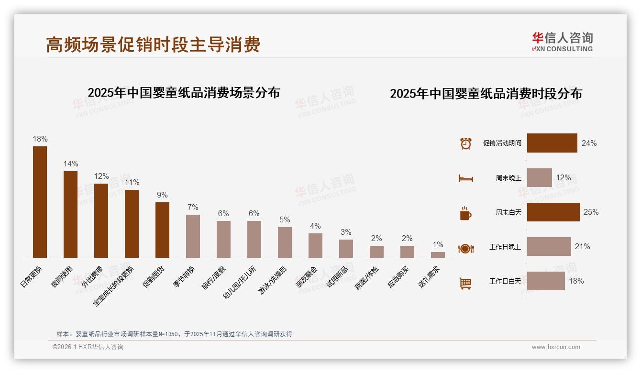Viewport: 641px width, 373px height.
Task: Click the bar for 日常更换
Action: (x=40, y=202)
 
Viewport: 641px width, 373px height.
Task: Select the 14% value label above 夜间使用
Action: (x=71, y=164)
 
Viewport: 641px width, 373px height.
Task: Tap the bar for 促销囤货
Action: (x=162, y=230)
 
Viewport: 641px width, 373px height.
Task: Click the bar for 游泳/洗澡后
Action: (x=285, y=242)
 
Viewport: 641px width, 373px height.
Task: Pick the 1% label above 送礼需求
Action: (x=438, y=245)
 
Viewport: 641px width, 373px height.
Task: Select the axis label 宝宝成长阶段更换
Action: (x=115, y=286)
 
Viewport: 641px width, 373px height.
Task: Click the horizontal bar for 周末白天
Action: (x=553, y=212)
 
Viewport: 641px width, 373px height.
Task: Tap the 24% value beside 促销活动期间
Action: (x=589, y=143)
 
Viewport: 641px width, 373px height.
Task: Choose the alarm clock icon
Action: (x=465, y=143)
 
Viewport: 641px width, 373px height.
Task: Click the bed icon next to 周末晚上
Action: (x=465, y=178)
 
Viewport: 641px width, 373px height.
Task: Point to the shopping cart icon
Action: (x=465, y=283)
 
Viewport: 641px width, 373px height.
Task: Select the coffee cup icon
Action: (x=465, y=213)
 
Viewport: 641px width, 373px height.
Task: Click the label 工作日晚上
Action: (x=505, y=247)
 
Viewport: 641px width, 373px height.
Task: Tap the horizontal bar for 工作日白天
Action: (x=546, y=281)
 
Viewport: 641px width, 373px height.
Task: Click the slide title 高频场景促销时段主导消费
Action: (x=153, y=44)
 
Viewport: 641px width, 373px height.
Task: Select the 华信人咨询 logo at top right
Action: (x=562, y=42)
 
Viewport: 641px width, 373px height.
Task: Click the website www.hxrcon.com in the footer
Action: (x=556, y=347)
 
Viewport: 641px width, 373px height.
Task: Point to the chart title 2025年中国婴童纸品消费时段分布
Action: (x=486, y=94)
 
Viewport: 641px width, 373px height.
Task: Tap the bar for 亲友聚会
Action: (x=315, y=245)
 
